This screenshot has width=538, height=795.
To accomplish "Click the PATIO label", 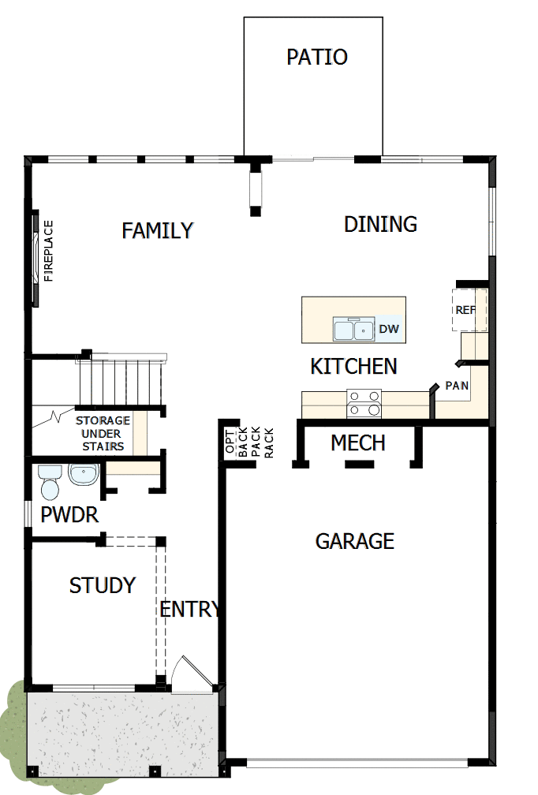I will coord(316,58).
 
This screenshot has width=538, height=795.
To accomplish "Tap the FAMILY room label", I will coord(158,230).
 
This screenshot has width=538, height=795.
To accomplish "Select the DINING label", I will coord(380,225).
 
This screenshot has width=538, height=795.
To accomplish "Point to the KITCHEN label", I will coord(353,366).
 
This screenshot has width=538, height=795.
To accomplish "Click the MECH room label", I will coord(357,443).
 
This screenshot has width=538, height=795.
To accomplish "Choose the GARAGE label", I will coord(354,541).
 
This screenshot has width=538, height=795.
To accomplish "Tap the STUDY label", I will coord(103,585).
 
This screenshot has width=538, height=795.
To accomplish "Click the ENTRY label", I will coord(189,609).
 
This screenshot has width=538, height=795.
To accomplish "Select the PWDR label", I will coord(69,516).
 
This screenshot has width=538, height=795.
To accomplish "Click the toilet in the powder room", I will coord(50,482).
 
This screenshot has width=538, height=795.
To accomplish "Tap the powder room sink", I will coord(83,474).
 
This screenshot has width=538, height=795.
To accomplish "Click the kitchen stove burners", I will coord(364,403).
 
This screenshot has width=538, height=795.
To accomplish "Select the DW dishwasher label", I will coord(388,329).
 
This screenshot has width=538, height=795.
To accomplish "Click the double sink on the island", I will coord(353,329).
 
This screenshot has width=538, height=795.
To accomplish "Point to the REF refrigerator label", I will coord(465,310).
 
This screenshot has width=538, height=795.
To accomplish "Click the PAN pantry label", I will coord(457,386).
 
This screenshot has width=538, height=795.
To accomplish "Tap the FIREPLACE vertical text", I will coord(48,251).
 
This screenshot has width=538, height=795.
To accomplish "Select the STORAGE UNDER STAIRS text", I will coord(103,434).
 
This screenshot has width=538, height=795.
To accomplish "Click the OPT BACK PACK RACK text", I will coord(248,442).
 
